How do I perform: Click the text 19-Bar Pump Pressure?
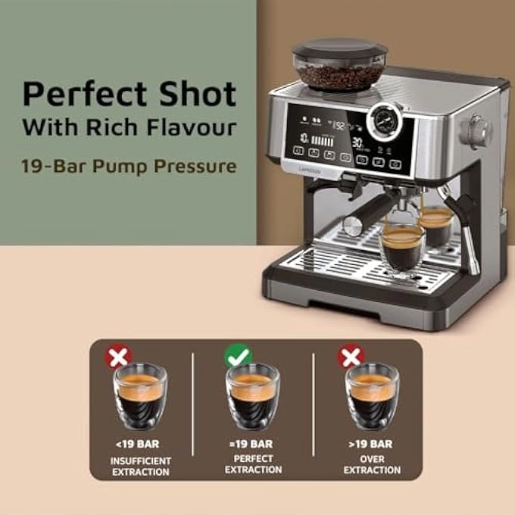130,165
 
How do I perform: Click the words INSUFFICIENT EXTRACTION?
141,466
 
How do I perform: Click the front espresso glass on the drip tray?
401,248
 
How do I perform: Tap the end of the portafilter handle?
353,225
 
